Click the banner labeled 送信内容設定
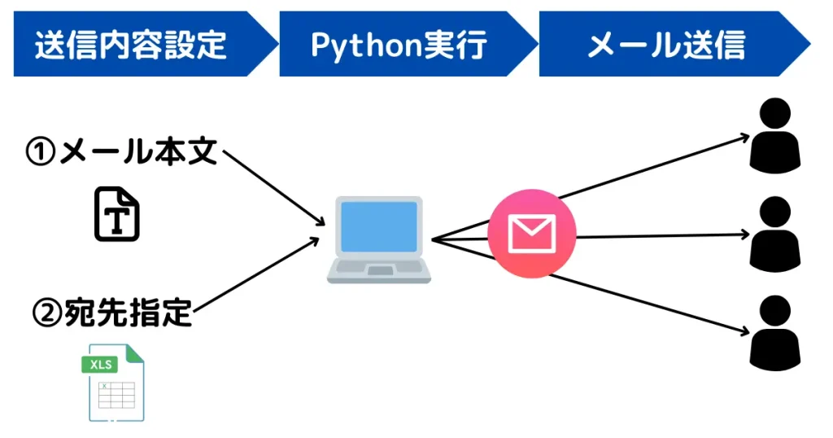(130, 44)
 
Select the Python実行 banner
(399, 44)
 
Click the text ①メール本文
(122, 152)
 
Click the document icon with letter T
(117, 213)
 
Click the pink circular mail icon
(531, 234)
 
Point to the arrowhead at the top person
(744, 137)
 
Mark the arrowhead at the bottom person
(744, 332)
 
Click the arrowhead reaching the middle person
(744, 234)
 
